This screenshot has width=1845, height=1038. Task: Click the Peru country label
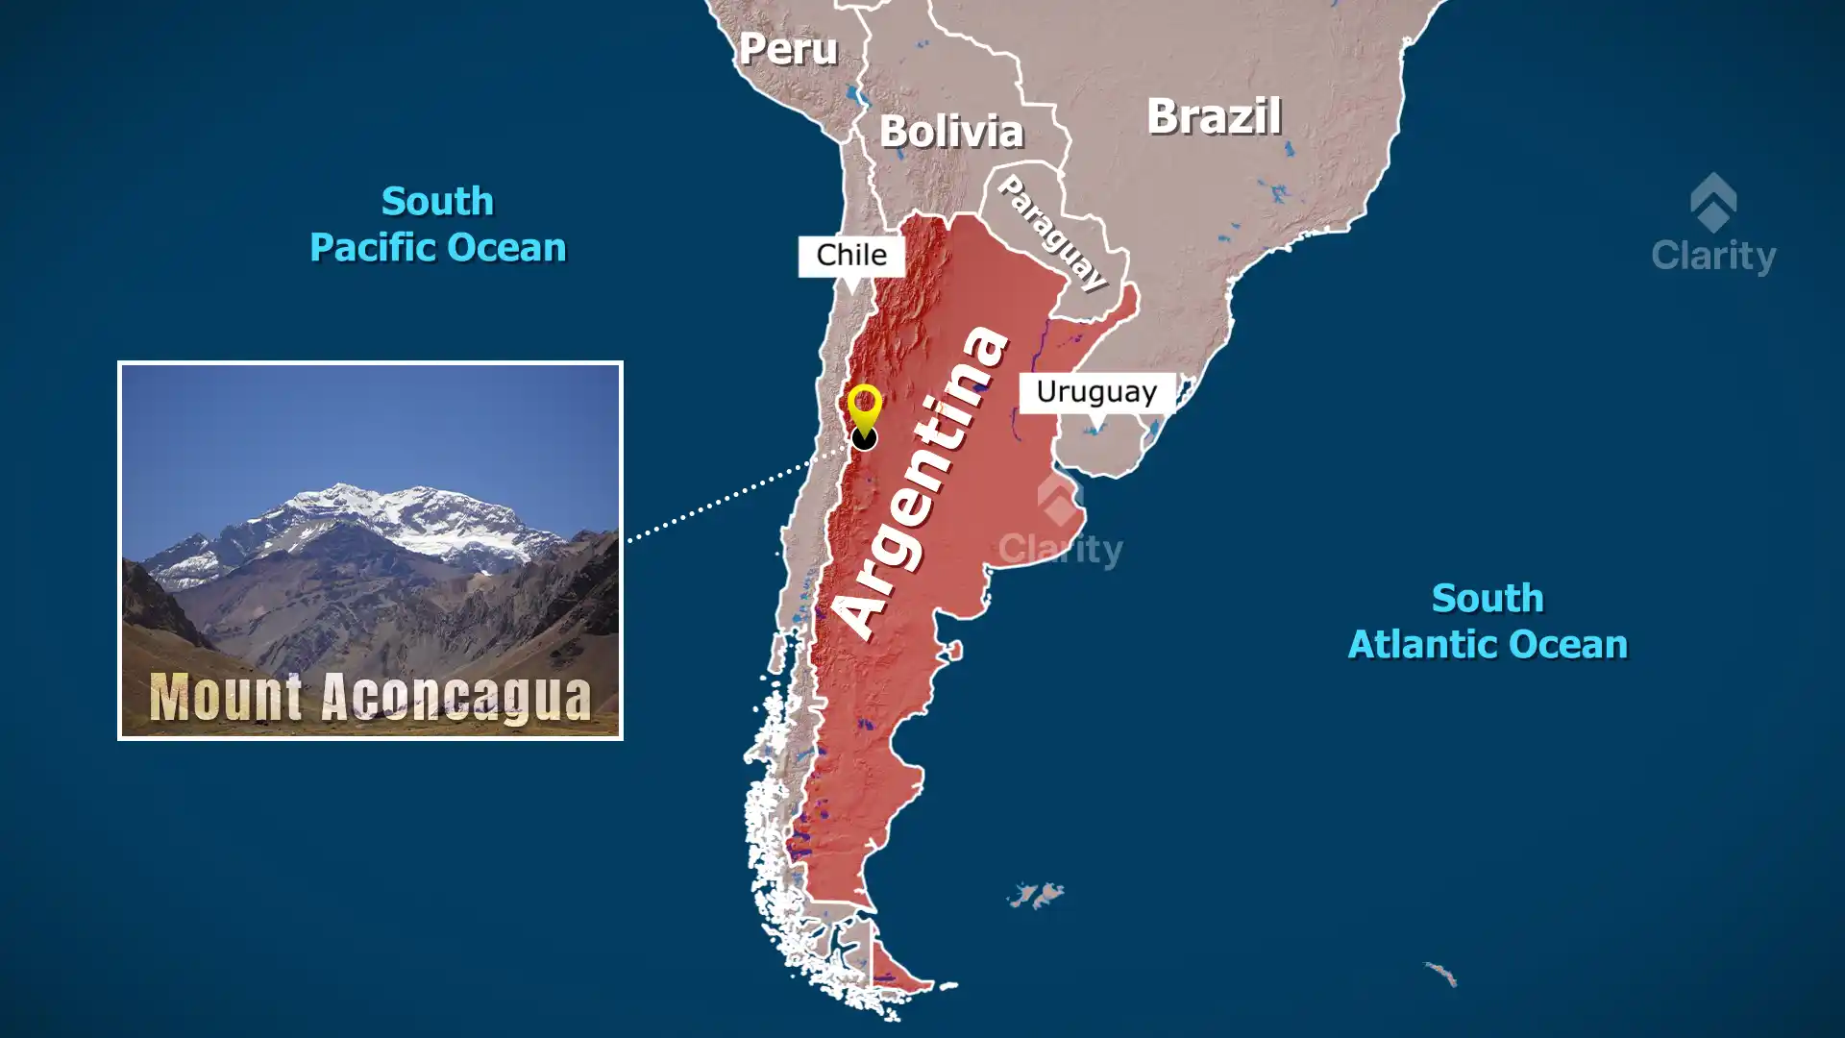788,49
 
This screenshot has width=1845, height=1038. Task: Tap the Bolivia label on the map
951,132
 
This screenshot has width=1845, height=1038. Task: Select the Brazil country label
1214,116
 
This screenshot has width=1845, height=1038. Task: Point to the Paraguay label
1052,232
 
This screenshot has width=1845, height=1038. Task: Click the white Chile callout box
851,256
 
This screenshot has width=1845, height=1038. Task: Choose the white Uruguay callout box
1096,392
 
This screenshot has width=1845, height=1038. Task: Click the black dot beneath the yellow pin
864,439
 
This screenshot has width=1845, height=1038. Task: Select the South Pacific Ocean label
437,225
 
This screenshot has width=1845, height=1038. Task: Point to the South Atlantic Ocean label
1488,621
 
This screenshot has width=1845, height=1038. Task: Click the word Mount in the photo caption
227,697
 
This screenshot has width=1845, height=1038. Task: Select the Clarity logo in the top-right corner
1713,225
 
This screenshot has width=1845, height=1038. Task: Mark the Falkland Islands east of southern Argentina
1036,896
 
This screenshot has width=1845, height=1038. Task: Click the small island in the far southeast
1441,974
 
